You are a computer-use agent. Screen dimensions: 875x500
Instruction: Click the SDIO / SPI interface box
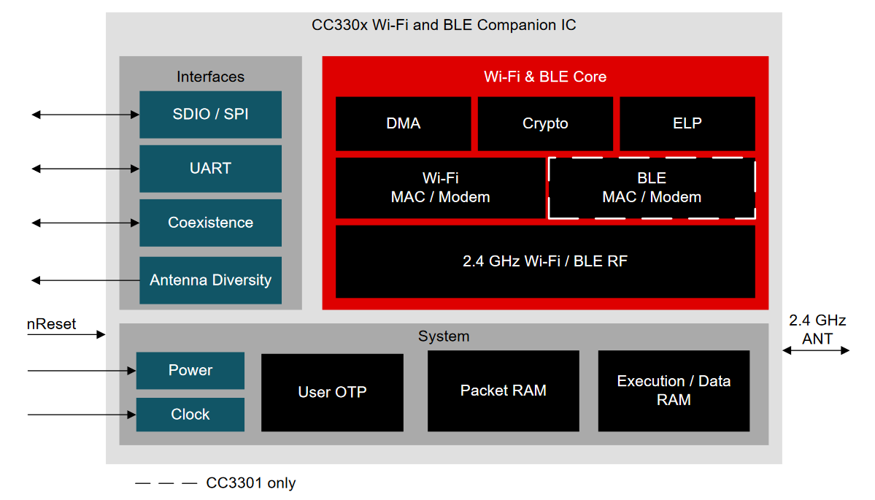[210, 115]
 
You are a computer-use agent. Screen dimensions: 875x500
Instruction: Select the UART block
[210, 169]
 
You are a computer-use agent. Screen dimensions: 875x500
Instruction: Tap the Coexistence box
[210, 223]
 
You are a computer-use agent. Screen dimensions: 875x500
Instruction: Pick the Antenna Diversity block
[210, 280]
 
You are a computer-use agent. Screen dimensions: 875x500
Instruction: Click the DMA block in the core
[404, 123]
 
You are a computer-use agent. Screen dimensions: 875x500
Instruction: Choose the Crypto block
[545, 123]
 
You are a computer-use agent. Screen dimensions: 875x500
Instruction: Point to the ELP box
[687, 123]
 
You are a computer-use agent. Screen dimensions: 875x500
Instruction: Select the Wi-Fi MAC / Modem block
[440, 188]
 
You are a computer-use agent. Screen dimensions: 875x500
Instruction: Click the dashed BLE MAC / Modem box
[652, 188]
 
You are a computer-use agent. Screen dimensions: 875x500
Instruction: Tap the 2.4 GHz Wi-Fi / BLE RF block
[545, 261]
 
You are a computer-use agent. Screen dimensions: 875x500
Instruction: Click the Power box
[190, 370]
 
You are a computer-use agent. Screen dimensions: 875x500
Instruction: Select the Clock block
[190, 414]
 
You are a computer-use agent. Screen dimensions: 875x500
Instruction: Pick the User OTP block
[332, 392]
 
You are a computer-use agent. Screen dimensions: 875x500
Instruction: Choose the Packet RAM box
[504, 391]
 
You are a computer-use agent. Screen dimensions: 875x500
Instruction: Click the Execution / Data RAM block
[674, 391]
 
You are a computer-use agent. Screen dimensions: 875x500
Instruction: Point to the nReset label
[51, 324]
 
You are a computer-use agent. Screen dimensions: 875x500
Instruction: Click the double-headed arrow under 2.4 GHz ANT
[816, 350]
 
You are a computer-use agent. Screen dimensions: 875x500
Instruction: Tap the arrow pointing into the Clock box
[82, 415]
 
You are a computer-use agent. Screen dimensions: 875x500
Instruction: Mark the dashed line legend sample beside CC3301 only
[166, 483]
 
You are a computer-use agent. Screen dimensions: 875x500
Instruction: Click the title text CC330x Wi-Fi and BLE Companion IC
[444, 25]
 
